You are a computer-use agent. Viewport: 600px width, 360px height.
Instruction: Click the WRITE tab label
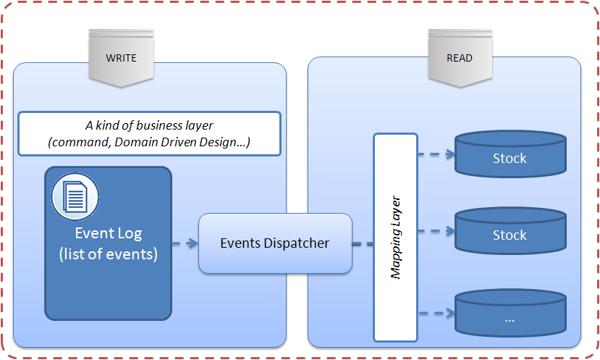(121, 58)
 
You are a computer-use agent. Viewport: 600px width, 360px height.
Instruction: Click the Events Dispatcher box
(275, 243)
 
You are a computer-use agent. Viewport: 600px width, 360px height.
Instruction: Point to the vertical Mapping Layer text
(396, 237)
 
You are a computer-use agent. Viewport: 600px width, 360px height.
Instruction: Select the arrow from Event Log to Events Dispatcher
(185, 243)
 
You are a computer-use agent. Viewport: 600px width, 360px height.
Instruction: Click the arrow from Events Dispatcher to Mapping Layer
(363, 243)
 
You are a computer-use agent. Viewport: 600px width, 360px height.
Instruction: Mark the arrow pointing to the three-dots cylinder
(436, 313)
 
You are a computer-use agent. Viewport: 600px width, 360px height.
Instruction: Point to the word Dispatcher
(295, 243)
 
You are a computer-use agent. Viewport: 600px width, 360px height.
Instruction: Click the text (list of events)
(109, 254)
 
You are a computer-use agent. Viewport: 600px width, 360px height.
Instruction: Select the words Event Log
(109, 233)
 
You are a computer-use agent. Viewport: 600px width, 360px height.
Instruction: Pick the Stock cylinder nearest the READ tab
(510, 155)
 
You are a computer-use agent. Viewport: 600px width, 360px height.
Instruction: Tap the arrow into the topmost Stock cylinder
(436, 154)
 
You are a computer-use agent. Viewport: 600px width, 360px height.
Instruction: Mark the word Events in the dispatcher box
(240, 243)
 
